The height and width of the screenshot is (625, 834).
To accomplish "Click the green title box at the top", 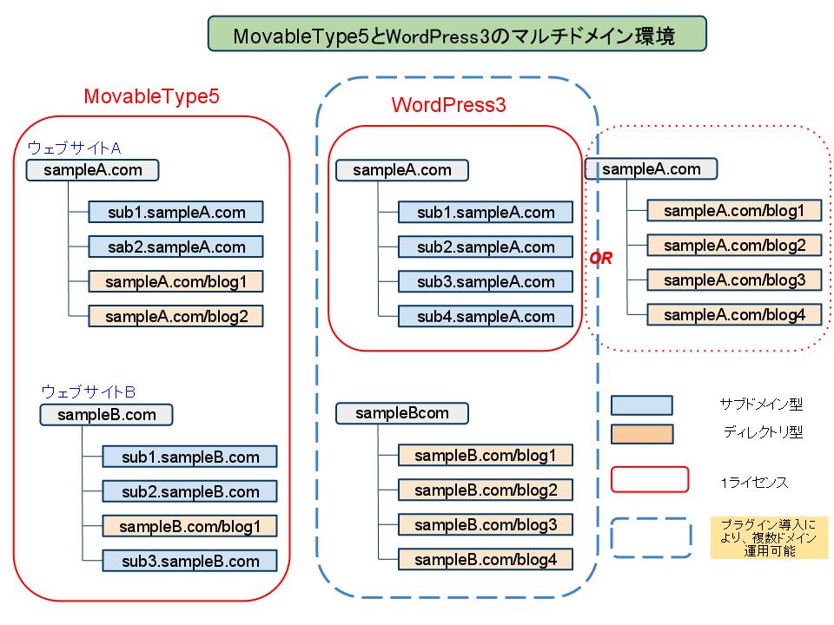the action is coord(457,34).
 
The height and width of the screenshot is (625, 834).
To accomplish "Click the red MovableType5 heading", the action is coord(151,96).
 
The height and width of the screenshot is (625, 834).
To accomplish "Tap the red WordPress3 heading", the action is coord(448,105).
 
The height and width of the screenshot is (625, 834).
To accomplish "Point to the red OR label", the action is coord(601,259).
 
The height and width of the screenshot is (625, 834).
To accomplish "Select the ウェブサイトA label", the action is coord(74,148).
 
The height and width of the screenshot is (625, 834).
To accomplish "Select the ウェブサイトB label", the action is coord(89,391).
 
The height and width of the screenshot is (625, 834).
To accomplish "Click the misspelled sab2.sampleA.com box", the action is coord(175,247).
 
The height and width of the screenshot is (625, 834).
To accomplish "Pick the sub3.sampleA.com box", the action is coord(486,281).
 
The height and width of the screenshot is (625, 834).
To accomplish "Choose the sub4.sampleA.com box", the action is coord(486,316).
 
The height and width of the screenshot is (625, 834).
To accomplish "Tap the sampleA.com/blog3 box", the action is coord(734,280).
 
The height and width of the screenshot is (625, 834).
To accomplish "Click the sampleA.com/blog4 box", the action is coord(734,314).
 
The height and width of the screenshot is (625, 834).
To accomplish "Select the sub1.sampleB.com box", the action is coord(190,457).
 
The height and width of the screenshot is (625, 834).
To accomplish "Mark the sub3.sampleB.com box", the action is coord(190,561).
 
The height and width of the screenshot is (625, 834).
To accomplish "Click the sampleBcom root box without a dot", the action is coord(402,413).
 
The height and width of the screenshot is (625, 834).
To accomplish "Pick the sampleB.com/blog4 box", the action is coord(486,559).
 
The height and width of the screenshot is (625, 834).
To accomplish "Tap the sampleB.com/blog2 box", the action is coord(486,490).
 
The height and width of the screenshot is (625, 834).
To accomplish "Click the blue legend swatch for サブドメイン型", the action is coord(641,405).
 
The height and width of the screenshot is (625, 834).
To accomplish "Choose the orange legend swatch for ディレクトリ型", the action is coord(641,434).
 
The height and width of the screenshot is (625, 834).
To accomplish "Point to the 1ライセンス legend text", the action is coord(754,483).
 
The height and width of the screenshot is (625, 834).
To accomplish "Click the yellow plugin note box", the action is coord(769,537).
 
